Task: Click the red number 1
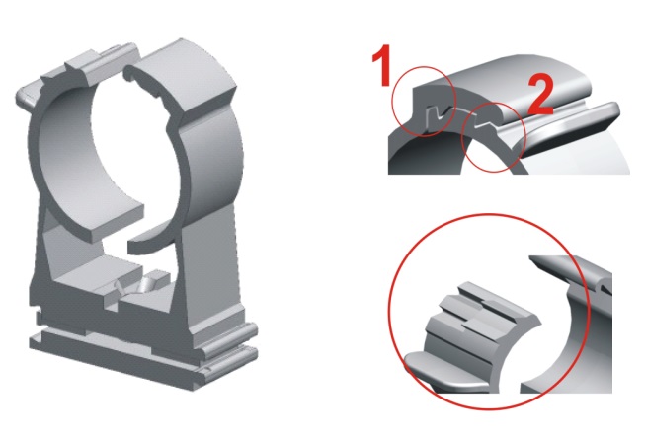[x=382, y=65]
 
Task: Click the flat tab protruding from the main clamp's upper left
[x=28, y=94]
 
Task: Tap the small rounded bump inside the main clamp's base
[x=149, y=283]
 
